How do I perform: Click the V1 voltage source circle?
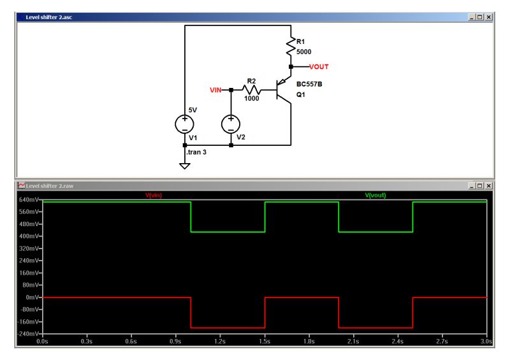185,124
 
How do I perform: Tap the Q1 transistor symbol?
282,90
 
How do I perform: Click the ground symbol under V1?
185,166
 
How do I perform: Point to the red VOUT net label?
319,66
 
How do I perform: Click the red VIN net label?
215,90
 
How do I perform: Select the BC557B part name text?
309,83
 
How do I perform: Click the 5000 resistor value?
304,51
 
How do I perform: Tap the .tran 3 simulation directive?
196,154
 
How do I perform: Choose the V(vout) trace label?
375,195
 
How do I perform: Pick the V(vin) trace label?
154,195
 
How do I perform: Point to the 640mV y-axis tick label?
29,200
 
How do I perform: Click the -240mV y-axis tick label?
29,334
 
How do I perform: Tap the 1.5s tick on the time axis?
265,342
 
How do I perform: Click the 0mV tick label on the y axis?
33,298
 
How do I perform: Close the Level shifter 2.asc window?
489,17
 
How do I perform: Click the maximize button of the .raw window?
480,185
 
